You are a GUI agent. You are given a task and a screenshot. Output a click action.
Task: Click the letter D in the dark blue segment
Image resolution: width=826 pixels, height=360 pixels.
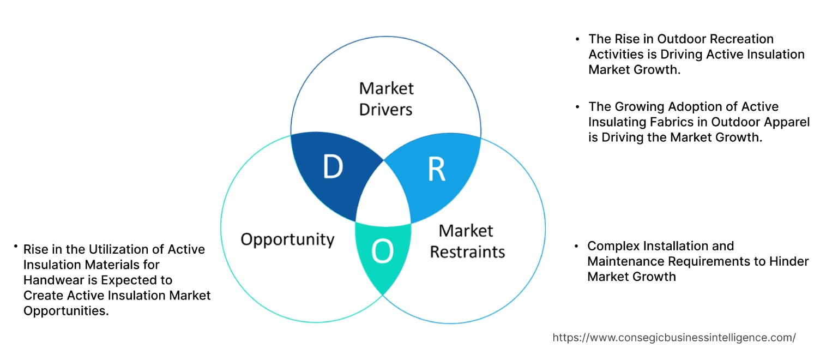[x=332, y=167]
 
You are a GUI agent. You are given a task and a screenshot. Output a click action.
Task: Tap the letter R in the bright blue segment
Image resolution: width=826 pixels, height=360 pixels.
[x=436, y=169]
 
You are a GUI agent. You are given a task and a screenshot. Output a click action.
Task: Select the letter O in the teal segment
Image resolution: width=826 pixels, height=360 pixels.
[x=382, y=251]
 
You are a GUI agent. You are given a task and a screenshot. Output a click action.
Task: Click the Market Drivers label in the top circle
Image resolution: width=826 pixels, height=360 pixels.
[x=386, y=99]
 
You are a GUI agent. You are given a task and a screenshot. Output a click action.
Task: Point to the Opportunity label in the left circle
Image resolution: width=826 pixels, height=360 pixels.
[x=287, y=239]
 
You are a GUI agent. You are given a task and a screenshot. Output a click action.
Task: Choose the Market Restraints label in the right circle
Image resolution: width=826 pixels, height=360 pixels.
[x=467, y=241]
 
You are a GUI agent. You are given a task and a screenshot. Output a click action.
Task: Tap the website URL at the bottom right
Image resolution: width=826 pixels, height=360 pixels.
[x=674, y=338]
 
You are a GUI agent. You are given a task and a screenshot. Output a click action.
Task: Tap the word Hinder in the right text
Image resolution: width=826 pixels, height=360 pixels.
[x=789, y=261]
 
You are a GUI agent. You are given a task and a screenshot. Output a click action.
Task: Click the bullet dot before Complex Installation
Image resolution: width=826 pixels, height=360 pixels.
[x=577, y=247]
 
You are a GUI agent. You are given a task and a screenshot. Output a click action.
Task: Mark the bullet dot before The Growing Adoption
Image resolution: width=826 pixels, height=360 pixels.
[x=577, y=107]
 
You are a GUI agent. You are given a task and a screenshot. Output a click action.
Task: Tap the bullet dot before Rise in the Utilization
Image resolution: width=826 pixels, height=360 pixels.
[x=16, y=247]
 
